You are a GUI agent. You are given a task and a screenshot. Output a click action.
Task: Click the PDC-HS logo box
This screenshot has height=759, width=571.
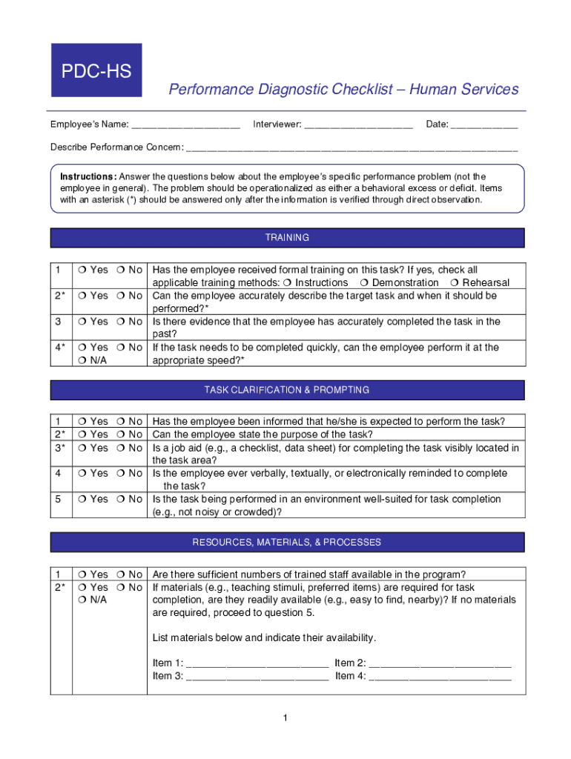click(x=96, y=70)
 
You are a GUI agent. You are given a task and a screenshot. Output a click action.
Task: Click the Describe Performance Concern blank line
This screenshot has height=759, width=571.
click(x=351, y=148)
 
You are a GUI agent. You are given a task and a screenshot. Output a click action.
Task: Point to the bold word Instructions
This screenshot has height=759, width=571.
click(x=88, y=176)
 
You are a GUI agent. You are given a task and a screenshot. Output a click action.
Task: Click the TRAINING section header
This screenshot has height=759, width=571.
click(x=287, y=238)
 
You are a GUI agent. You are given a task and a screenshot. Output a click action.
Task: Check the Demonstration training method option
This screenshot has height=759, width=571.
click(x=365, y=283)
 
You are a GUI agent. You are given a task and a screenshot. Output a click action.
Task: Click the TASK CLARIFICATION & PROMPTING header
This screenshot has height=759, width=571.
click(x=287, y=390)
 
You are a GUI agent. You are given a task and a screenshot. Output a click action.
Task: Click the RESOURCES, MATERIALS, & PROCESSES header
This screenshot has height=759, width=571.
click(x=287, y=542)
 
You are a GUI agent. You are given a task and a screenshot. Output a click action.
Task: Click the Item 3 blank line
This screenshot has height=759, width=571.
click(x=257, y=676)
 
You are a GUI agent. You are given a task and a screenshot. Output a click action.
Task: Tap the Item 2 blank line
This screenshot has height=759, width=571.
click(x=440, y=663)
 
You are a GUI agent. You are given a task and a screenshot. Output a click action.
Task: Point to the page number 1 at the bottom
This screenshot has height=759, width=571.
click(x=285, y=718)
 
